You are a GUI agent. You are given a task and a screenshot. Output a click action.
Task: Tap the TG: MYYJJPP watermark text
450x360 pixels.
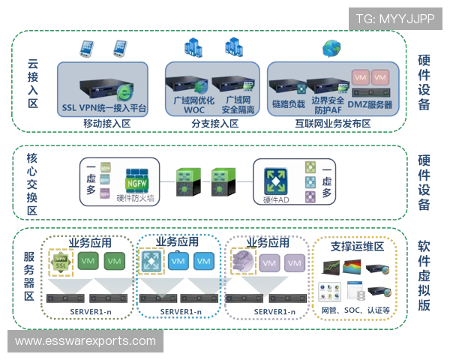click(395, 16)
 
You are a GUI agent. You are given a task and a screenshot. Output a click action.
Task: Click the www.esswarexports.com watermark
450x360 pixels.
click(85, 341)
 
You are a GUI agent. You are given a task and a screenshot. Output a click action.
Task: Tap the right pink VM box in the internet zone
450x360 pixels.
click(380, 78)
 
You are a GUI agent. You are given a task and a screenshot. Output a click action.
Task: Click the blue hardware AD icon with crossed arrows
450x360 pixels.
click(273, 178)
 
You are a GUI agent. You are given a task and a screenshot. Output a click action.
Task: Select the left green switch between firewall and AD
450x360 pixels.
click(184, 178)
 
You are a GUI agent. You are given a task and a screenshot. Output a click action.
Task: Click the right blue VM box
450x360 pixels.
click(202, 261)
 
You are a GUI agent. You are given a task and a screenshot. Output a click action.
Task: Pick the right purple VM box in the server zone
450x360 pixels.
click(294, 262)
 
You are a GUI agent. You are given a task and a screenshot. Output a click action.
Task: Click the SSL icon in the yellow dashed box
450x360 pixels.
click(59, 261)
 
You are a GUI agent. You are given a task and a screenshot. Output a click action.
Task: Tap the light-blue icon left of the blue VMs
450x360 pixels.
click(150, 260)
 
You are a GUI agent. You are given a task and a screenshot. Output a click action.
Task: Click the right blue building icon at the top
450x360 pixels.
click(233, 47)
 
